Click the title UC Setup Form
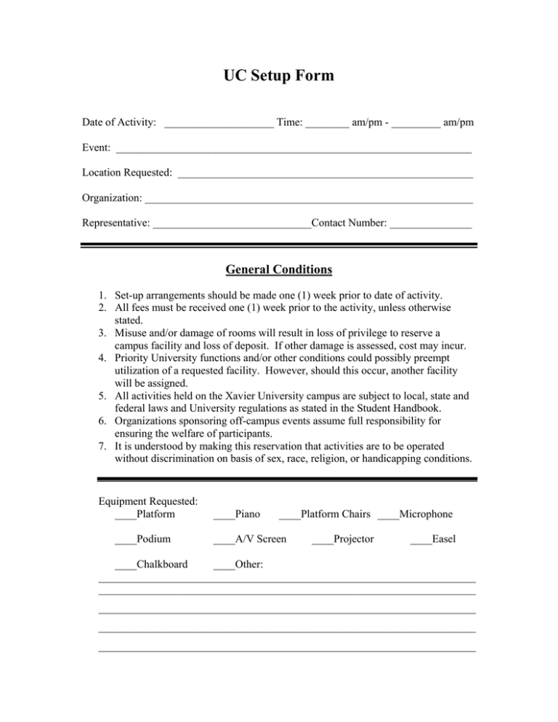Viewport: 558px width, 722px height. [279, 76]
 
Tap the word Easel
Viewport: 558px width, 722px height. [442, 539]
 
